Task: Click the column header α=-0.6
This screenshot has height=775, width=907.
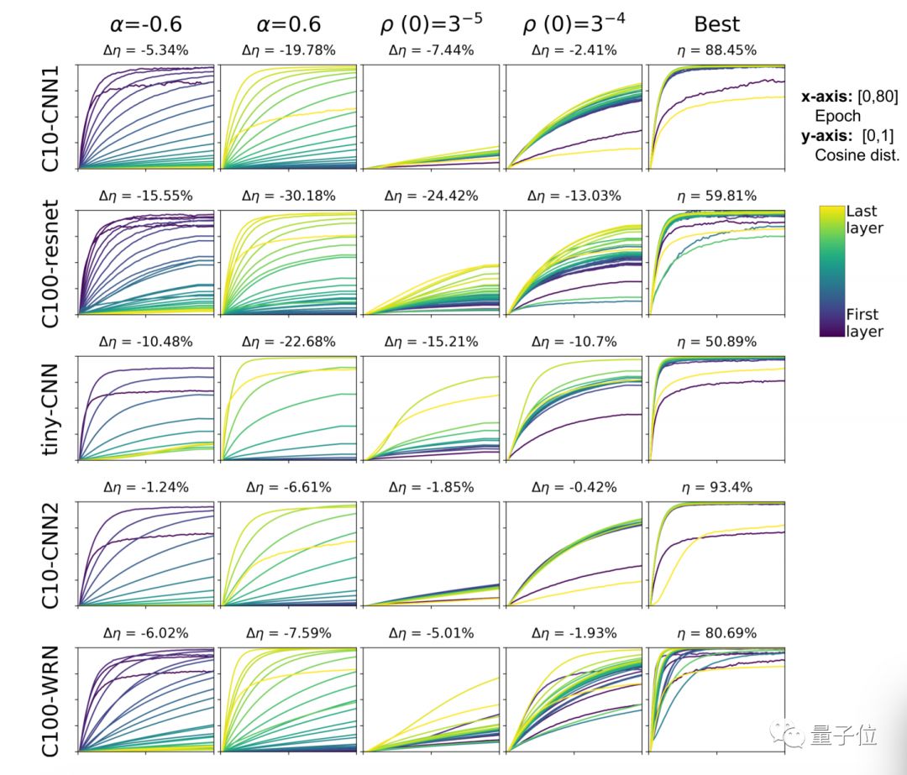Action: pos(148,24)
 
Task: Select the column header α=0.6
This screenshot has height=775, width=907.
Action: pos(289,24)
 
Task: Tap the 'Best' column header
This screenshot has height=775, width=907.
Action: pos(716,24)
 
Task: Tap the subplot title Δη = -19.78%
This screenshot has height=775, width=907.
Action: pos(289,50)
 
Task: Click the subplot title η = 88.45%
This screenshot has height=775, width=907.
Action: pos(716,50)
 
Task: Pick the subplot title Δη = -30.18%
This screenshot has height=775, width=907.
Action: pos(289,196)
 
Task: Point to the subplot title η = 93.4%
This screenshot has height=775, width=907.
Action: pos(716,487)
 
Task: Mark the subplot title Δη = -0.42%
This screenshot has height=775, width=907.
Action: pos(574,487)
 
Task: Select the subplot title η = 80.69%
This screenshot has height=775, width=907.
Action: pos(716,633)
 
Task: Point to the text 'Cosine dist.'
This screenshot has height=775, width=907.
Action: pos(856,155)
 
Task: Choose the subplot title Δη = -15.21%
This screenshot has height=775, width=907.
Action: pos(432,342)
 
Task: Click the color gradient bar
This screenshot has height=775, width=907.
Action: pos(831,271)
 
